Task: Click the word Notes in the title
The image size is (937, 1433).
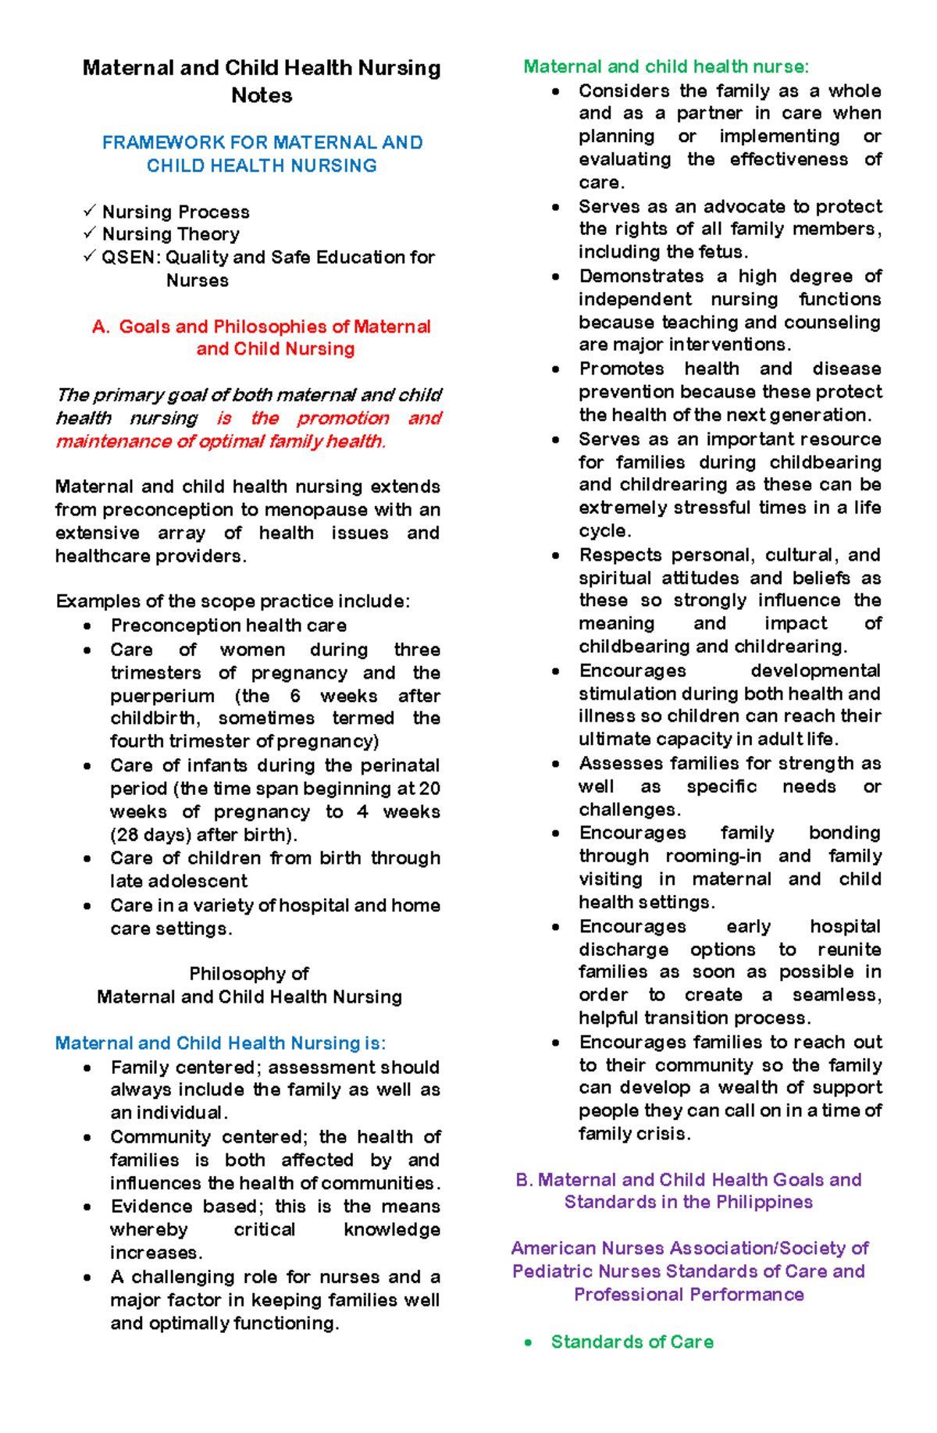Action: [x=262, y=96]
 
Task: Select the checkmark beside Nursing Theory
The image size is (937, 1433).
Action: [x=90, y=233]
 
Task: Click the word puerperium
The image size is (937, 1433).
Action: [x=162, y=696]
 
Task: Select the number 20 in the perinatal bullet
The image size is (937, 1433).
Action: [x=429, y=789]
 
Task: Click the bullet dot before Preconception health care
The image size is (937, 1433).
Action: [x=87, y=626]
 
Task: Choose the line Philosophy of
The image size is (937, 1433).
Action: [x=249, y=974]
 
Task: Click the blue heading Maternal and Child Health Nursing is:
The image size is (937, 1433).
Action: [x=220, y=1043]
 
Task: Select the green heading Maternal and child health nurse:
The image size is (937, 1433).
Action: [x=666, y=67]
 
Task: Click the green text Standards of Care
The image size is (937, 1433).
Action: [x=632, y=1342]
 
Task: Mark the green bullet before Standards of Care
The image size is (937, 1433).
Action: [x=529, y=1342]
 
